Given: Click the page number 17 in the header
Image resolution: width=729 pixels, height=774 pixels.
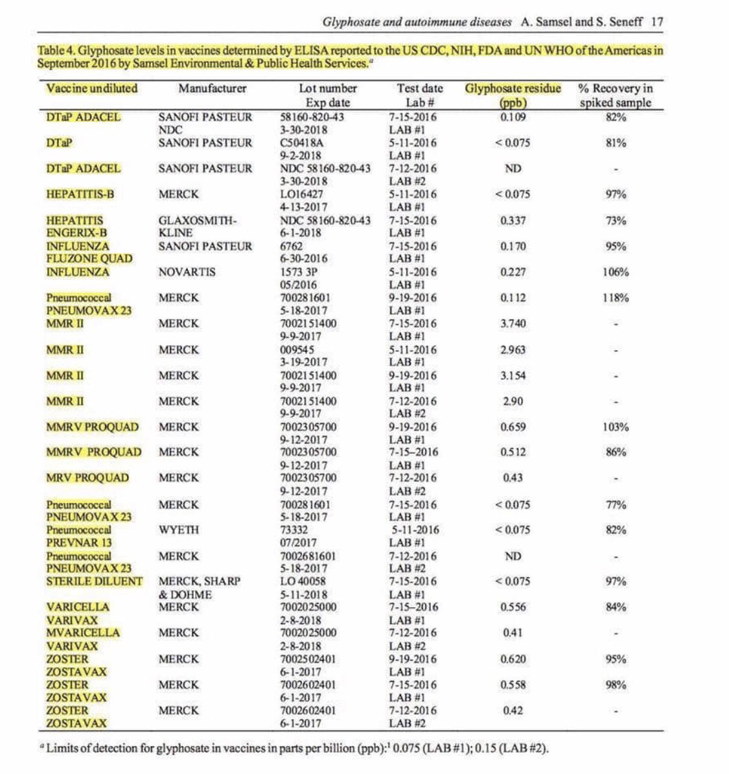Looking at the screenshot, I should click(x=656, y=21).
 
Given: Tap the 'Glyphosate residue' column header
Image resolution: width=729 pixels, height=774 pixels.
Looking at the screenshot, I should click(x=513, y=88).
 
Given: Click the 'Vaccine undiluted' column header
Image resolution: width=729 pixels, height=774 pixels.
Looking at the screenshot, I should click(x=92, y=88).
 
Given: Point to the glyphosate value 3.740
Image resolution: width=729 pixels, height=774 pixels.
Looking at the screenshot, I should click(x=513, y=323).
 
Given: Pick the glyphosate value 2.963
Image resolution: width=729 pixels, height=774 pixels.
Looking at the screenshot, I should click(x=513, y=349).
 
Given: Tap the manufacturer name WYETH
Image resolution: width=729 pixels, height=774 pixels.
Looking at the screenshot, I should click(x=179, y=530).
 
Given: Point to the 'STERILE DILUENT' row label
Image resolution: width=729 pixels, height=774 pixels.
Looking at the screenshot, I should click(x=94, y=581).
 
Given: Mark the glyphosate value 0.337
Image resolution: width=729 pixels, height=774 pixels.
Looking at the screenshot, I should click(x=513, y=220).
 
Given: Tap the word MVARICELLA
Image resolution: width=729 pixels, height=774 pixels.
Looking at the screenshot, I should click(x=83, y=633).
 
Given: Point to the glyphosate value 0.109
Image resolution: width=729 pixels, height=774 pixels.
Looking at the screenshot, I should click(x=513, y=117).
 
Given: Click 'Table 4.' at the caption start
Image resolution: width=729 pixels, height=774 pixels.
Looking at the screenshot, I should click(x=60, y=51).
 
